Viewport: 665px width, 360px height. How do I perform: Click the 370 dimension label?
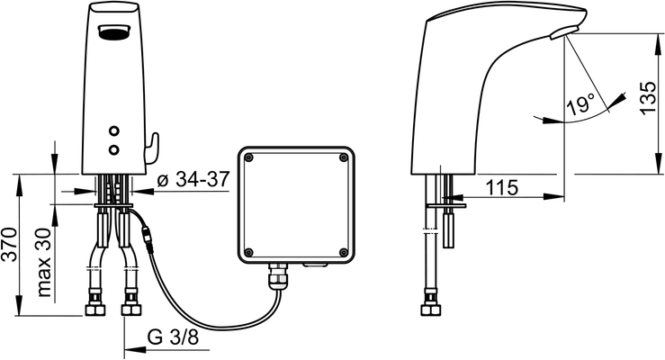(9, 245)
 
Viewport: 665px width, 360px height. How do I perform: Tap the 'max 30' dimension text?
(43, 262)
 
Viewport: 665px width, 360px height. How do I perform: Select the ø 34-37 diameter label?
(193, 179)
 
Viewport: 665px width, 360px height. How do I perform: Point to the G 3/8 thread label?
(174, 337)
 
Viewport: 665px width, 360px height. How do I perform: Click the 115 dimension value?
(502, 187)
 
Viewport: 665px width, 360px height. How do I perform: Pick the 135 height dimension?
(648, 98)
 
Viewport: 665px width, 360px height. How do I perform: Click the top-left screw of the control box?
(249, 157)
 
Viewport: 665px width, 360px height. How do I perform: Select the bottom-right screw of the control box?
(343, 253)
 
